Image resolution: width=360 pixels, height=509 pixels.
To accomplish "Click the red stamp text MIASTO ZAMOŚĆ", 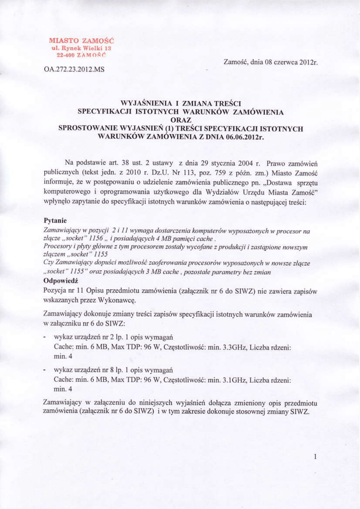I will pyautogui.click(x=82, y=40).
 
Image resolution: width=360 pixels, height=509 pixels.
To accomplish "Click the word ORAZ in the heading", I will pyautogui.click(x=180, y=120).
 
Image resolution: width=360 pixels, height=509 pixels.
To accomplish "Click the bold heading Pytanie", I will pyautogui.click(x=56, y=221).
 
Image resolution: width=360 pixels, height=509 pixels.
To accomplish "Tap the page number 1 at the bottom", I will pyautogui.click(x=315, y=456).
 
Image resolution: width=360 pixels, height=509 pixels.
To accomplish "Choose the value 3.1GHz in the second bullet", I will pyautogui.click(x=234, y=380).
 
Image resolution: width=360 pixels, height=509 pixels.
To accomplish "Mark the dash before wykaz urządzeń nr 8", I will pyautogui.click(x=45, y=371).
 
